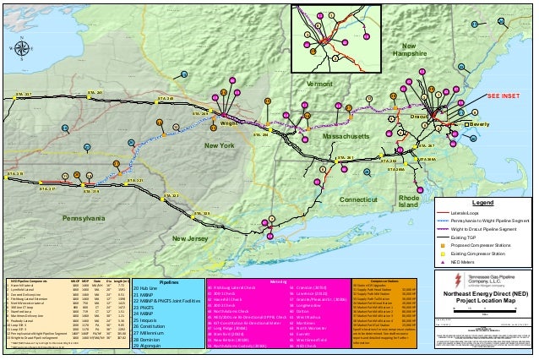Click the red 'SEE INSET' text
(x=507, y=97)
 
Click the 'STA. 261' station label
(x=343, y=157)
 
